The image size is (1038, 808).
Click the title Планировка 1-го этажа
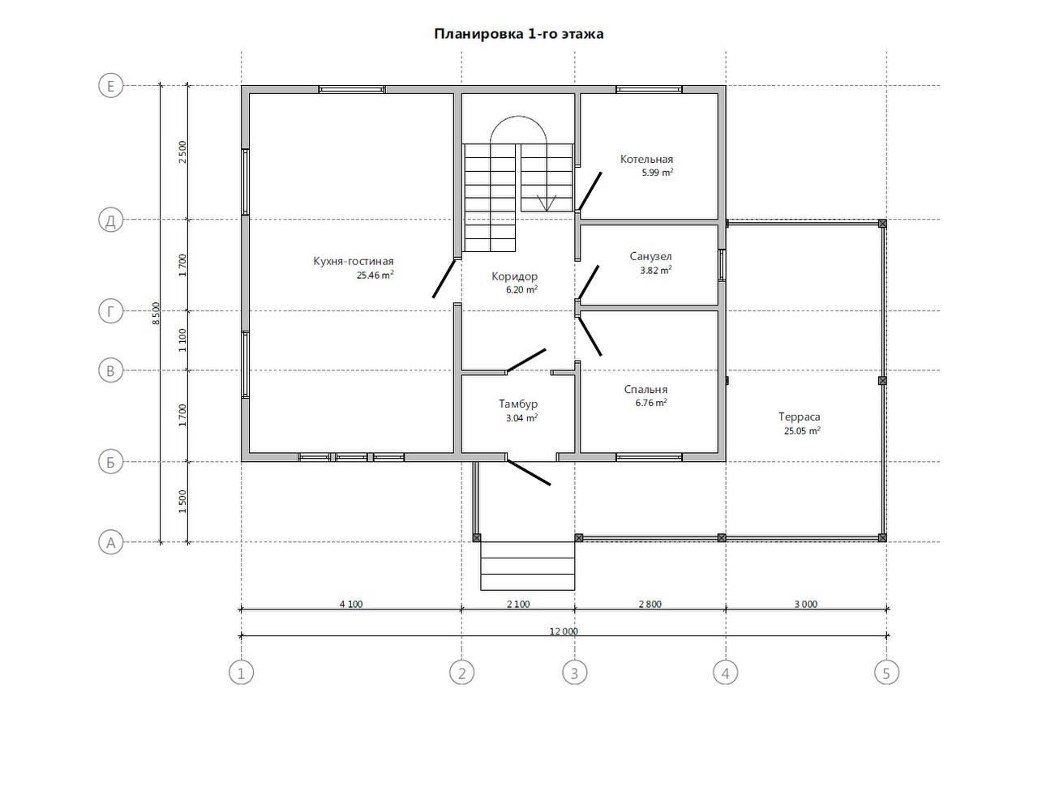[518, 34]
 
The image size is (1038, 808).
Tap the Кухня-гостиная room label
[354, 261]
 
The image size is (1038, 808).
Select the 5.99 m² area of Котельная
[658, 173]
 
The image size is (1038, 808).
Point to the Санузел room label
[650, 256]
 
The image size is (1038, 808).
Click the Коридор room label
[514, 276]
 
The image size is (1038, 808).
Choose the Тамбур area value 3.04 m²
[521, 418]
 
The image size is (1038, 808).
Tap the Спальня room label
[646, 390]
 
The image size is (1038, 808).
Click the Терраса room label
[799, 417]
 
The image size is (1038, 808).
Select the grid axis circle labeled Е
[111, 86]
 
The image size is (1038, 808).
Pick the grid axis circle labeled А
[111, 543]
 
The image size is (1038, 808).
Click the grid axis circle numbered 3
[575, 673]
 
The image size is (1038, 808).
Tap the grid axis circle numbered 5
[886, 673]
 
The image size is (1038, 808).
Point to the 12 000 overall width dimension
[564, 631]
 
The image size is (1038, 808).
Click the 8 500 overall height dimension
[157, 314]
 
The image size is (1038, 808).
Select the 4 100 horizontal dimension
[351, 605]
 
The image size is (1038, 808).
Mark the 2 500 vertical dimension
[182, 152]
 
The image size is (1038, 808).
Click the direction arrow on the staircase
[547, 203]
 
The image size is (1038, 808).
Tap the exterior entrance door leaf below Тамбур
[529, 472]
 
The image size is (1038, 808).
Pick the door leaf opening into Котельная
[590, 191]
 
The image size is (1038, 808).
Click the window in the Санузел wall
[723, 265]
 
